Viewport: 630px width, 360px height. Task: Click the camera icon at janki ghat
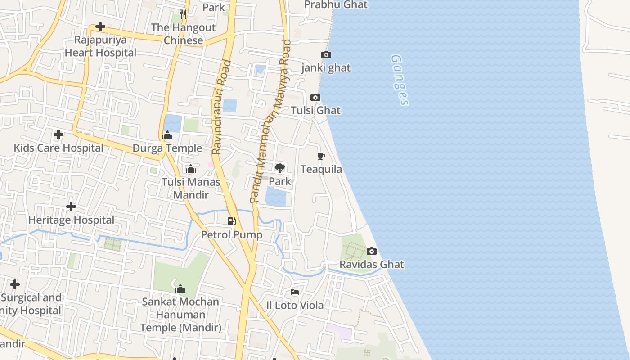pyautogui.click(x=326, y=55)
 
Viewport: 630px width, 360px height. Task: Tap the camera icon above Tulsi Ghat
pyautogui.click(x=315, y=98)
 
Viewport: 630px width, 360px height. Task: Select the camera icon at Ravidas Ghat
pyautogui.click(x=372, y=252)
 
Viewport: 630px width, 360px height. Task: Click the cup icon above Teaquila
pyautogui.click(x=321, y=157)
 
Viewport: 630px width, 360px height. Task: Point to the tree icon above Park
pyautogui.click(x=280, y=168)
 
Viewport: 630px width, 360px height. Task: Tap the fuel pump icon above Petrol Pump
pyautogui.click(x=232, y=221)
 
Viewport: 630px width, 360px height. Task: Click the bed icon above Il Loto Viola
pyautogui.click(x=295, y=292)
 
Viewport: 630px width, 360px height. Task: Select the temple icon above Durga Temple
pyautogui.click(x=167, y=135)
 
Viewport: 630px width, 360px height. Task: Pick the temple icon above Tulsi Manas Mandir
pyautogui.click(x=191, y=169)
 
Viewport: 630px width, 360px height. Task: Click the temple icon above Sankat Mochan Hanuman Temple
pyautogui.click(x=180, y=288)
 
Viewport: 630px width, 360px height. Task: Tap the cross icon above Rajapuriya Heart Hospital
pyautogui.click(x=100, y=27)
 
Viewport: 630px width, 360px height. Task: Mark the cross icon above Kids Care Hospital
pyautogui.click(x=58, y=135)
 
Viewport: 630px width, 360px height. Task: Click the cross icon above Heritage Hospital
pyautogui.click(x=71, y=207)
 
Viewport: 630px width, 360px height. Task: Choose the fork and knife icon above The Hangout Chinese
pyautogui.click(x=183, y=14)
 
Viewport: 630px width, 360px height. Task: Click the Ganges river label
pyautogui.click(x=400, y=80)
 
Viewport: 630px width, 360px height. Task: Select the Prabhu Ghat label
pyautogui.click(x=336, y=5)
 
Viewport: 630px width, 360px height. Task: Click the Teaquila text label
pyautogui.click(x=321, y=170)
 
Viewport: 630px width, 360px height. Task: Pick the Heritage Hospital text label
pyautogui.click(x=71, y=220)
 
